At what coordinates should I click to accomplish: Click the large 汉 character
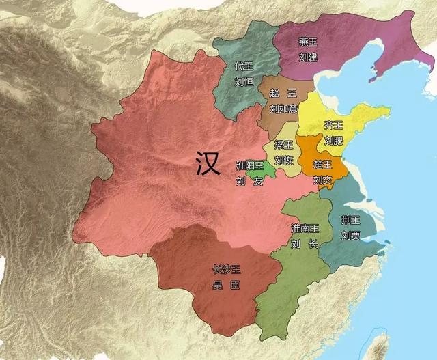tap(207, 164)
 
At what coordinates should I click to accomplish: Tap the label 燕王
tap(308, 42)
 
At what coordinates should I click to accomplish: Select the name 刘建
tap(308, 57)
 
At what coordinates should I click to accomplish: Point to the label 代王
tap(244, 66)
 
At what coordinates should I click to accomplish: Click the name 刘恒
tap(244, 82)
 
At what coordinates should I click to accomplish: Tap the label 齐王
tap(333, 125)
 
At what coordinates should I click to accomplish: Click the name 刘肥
tap(333, 141)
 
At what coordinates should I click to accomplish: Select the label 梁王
tap(284, 146)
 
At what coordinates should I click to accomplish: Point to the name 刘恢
tap(284, 161)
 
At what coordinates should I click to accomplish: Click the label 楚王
tap(322, 165)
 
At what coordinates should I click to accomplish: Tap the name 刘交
tap(322, 180)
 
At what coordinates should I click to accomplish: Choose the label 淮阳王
tap(249, 166)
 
